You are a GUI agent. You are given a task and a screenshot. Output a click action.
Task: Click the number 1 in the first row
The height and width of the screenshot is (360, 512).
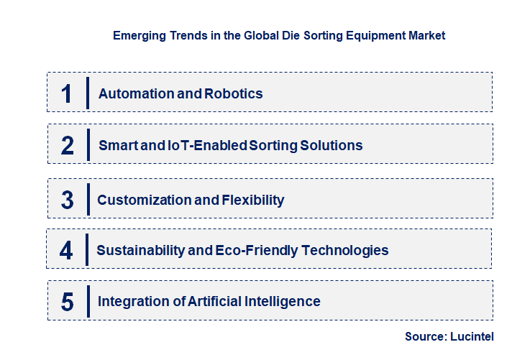coord(67,93)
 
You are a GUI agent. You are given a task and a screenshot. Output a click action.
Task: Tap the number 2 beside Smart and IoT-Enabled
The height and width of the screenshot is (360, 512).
coord(68,145)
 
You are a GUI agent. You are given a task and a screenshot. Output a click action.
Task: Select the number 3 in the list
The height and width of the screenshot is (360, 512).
coord(68,200)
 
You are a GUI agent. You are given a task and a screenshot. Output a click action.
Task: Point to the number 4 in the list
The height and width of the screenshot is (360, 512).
coord(67,251)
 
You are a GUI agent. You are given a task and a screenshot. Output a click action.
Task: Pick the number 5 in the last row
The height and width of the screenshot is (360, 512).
coord(68,302)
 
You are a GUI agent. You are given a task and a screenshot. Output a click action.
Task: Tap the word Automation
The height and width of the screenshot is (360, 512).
coord(137,93)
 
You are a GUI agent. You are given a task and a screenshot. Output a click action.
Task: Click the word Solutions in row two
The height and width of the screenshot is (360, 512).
coord(330,145)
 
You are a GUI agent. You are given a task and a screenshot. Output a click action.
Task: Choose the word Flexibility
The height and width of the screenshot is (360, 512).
coord(249,200)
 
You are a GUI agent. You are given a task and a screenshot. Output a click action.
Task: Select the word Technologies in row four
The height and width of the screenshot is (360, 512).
coord(346,251)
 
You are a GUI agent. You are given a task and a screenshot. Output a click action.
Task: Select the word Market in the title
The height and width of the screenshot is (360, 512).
coord(425,34)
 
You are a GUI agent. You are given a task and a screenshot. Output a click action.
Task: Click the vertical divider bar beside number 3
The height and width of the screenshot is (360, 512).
coord(88,199)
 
